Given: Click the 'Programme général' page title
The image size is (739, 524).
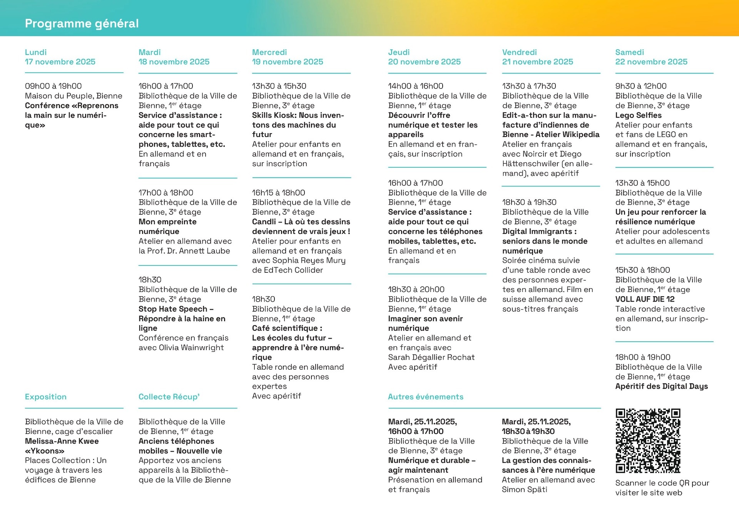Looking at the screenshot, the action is pyautogui.click(x=82, y=23).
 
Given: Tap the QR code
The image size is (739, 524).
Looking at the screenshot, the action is pyautogui.click(x=648, y=441).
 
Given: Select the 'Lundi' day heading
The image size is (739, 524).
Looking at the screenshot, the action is pyautogui.click(x=36, y=52).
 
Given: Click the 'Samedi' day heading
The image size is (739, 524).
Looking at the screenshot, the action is pyautogui.click(x=629, y=52).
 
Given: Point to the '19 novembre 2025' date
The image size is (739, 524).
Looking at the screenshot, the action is pyautogui.click(x=288, y=62).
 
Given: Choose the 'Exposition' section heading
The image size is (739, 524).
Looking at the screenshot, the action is pyautogui.click(x=46, y=397).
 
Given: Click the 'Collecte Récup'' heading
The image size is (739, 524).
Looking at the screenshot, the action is pyautogui.click(x=169, y=397).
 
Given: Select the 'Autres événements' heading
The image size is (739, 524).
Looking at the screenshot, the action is pyautogui.click(x=426, y=397).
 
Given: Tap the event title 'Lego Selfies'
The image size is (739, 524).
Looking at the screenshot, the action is pyautogui.click(x=638, y=115).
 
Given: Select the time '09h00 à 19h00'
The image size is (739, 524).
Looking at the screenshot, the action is pyautogui.click(x=54, y=86).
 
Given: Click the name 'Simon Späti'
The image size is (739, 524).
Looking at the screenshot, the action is pyautogui.click(x=525, y=489).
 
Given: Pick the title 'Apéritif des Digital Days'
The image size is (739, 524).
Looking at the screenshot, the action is pyautogui.click(x=661, y=386).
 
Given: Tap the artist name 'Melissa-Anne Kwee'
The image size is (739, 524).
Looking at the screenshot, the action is pyautogui.click(x=62, y=441).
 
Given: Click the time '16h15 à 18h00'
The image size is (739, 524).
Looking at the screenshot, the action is pyautogui.click(x=279, y=193).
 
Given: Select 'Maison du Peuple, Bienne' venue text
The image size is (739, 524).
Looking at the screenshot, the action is pyautogui.click(x=74, y=96).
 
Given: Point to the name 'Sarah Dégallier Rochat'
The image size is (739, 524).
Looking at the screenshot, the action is pyautogui.click(x=431, y=357).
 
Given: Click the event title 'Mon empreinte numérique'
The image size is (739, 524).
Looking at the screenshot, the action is pyautogui.click(x=167, y=226).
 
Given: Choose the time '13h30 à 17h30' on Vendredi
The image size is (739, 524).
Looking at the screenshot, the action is pyautogui.click(x=529, y=86).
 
